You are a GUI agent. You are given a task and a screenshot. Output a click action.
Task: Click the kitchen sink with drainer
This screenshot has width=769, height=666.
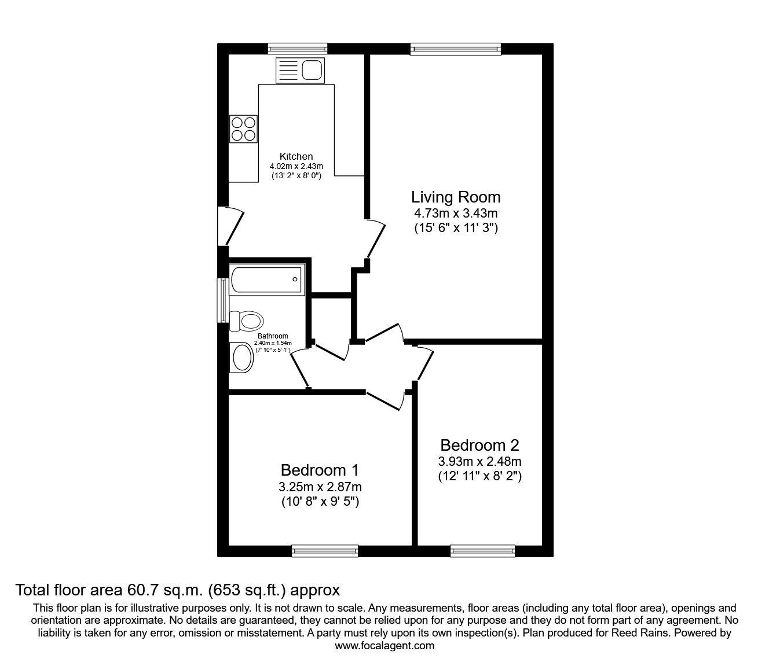pyautogui.click(x=301, y=70)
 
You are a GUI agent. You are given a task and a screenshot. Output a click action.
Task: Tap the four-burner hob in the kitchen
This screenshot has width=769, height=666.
pyautogui.click(x=243, y=129)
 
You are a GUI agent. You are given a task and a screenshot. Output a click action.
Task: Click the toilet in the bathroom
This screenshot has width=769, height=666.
pyautogui.click(x=247, y=320)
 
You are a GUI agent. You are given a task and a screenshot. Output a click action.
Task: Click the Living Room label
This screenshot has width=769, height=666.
pyautogui.click(x=456, y=197)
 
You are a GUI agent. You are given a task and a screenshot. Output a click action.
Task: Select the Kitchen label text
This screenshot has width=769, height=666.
pyautogui.click(x=296, y=156)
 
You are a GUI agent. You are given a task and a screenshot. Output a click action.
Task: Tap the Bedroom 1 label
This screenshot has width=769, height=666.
pyautogui.click(x=320, y=469)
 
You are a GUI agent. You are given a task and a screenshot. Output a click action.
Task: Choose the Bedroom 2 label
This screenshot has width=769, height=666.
pyautogui.click(x=479, y=445)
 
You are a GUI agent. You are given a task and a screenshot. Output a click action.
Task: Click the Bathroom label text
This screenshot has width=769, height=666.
pyautogui.click(x=273, y=336)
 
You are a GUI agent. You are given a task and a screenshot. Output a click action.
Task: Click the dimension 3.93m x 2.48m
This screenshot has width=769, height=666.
pyautogui.click(x=479, y=462)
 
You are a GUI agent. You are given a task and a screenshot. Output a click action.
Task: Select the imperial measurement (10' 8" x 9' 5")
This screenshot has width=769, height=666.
pyautogui.click(x=320, y=502)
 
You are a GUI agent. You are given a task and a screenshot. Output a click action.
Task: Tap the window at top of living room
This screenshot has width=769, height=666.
pyautogui.click(x=455, y=49)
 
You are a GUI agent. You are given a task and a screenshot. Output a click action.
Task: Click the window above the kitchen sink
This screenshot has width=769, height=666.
pyautogui.click(x=298, y=49)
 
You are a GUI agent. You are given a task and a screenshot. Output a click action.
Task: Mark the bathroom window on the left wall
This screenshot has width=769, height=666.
pyautogui.click(x=222, y=300)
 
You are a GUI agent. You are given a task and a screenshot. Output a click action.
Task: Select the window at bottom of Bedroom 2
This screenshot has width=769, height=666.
pyautogui.click(x=482, y=551)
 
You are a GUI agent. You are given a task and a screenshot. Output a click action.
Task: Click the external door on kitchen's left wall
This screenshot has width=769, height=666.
pyautogui.click(x=224, y=226)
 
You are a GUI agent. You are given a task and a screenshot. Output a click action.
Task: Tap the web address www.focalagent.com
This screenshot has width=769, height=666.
pyautogui.click(x=384, y=646)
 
